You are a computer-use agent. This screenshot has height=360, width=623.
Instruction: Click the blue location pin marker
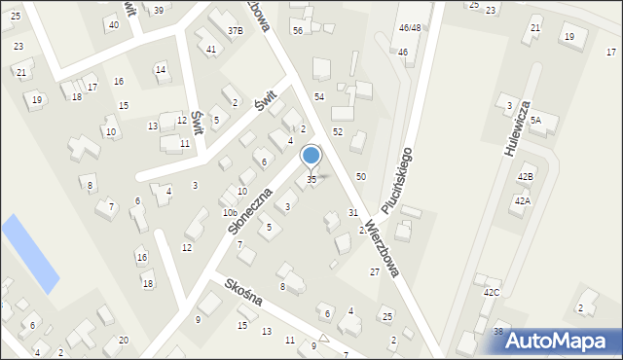(x=311, y=157)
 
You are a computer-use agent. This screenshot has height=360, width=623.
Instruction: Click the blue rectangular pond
(x=30, y=253)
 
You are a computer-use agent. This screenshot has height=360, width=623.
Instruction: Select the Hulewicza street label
(x=516, y=128)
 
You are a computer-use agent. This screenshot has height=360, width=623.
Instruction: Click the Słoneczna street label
(x=249, y=209)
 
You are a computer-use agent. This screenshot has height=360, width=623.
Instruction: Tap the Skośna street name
(x=242, y=291)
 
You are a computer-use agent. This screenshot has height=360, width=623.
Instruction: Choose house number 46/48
(x=409, y=29)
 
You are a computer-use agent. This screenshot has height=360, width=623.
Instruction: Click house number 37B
(x=236, y=31)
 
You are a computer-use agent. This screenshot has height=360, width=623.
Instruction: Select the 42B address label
(x=525, y=177)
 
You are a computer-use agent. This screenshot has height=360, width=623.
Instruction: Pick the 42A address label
(x=522, y=201)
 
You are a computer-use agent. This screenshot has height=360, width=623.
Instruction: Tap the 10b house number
(x=230, y=213)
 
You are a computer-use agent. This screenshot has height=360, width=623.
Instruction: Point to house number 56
(x=298, y=31)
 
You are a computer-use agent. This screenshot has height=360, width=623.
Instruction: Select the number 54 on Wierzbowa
(x=318, y=97)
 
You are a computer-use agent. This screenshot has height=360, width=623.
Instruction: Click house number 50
(x=360, y=176)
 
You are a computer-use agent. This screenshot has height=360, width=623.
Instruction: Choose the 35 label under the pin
(x=311, y=180)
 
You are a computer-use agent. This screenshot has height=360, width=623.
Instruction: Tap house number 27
(x=374, y=272)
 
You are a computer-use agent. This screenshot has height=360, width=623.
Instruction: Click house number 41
(x=211, y=49)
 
